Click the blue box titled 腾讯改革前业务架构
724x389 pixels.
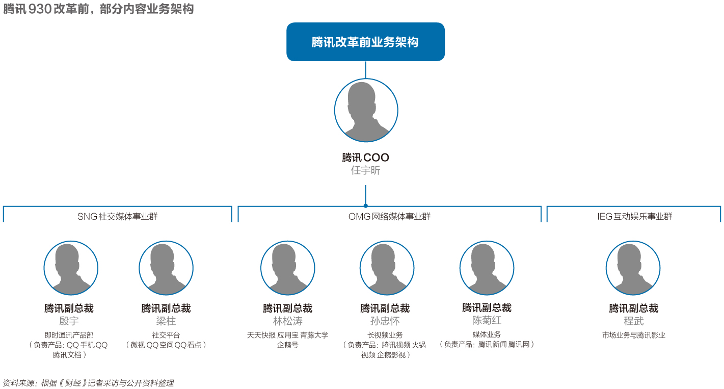(365, 42)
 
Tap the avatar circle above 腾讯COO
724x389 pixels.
(366, 110)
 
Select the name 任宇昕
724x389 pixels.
(365, 171)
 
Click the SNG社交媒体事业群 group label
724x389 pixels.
(118, 216)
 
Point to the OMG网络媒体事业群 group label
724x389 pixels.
(389, 216)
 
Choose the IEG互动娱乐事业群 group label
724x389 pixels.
(634, 216)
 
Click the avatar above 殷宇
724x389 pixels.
(70, 268)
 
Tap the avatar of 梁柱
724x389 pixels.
(166, 268)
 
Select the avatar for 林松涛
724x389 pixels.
(287, 268)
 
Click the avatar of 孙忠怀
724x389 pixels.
(387, 268)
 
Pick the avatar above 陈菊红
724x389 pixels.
(487, 268)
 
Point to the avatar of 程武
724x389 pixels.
(633, 268)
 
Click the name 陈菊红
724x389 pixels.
(487, 321)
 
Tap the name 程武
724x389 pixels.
(633, 321)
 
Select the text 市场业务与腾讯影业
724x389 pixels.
(633, 335)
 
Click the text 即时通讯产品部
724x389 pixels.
(69, 335)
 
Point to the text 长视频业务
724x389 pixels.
(385, 335)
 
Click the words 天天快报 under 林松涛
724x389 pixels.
(261, 335)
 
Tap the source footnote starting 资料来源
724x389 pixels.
(88, 383)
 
